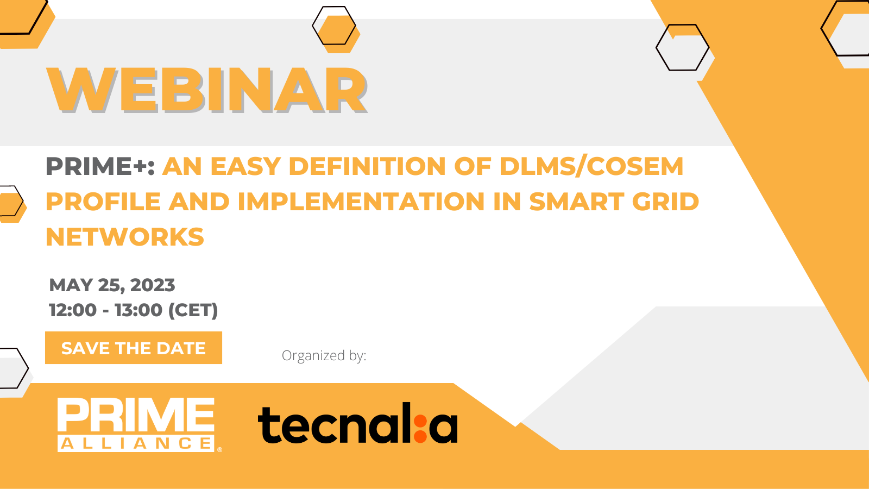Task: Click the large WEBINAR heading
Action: [x=207, y=90]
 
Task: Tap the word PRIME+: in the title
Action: [x=100, y=166]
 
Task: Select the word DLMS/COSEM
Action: [x=591, y=166]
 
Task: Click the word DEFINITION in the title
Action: [x=367, y=166]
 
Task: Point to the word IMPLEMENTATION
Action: [x=361, y=202]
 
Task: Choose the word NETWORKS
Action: [x=124, y=237]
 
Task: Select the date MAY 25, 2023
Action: [x=112, y=285]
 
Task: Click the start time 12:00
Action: [x=73, y=310]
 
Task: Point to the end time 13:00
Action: [x=138, y=310]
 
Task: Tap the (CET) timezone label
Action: [x=193, y=310]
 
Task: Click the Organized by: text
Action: [x=324, y=355]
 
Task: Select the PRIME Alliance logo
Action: [x=140, y=424]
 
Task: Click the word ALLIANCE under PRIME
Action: [x=136, y=443]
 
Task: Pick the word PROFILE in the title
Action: [x=103, y=202]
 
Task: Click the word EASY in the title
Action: [x=245, y=166]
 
